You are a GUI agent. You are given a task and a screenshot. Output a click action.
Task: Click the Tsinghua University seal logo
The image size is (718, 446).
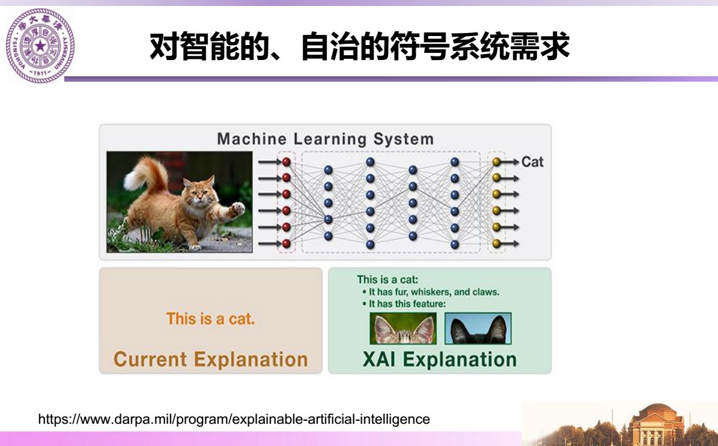pyautogui.click(x=40, y=45)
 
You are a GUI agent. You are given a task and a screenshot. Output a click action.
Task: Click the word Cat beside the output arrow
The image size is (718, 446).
pyautogui.click(x=532, y=162)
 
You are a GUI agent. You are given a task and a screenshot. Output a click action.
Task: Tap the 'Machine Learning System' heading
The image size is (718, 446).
pyautogui.click(x=325, y=139)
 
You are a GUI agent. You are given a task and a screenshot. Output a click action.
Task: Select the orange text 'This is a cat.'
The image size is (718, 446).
pyautogui.click(x=210, y=318)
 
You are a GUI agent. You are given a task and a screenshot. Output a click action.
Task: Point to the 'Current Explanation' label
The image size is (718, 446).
pyautogui.click(x=211, y=359)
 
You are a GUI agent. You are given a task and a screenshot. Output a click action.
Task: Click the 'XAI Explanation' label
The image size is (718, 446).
pyautogui.click(x=440, y=359)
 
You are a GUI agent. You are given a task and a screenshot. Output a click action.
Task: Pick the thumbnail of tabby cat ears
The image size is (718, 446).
pyautogui.click(x=403, y=328)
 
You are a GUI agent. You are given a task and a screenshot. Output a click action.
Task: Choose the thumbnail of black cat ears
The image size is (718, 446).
pyautogui.click(x=478, y=328)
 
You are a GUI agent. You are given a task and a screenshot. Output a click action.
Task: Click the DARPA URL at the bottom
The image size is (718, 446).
pyautogui.click(x=234, y=419)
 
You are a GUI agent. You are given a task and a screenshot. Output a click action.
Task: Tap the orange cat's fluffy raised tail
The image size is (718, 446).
pyautogui.click(x=145, y=176)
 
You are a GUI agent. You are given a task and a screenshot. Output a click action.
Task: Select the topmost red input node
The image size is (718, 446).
pyautogui.click(x=287, y=161)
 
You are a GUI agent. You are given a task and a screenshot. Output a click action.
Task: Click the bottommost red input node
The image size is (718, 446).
pyautogui.click(x=287, y=243)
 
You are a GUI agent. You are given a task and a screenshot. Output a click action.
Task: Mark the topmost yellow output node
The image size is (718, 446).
pyautogui.click(x=496, y=161)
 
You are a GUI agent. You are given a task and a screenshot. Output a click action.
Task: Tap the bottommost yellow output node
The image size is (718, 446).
pyautogui.click(x=496, y=243)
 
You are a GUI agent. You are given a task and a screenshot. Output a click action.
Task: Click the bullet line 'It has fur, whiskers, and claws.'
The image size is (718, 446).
pyautogui.click(x=431, y=292)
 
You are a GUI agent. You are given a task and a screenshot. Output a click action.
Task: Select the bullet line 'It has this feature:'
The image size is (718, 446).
pyautogui.click(x=404, y=304)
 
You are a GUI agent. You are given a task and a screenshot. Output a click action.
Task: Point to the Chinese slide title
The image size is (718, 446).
pyautogui.click(x=359, y=46)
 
